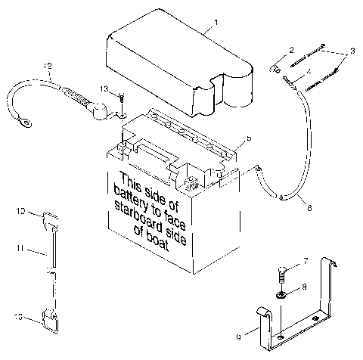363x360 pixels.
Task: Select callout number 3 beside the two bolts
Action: (x=350, y=54)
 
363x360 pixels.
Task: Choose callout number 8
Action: (x=305, y=287)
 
